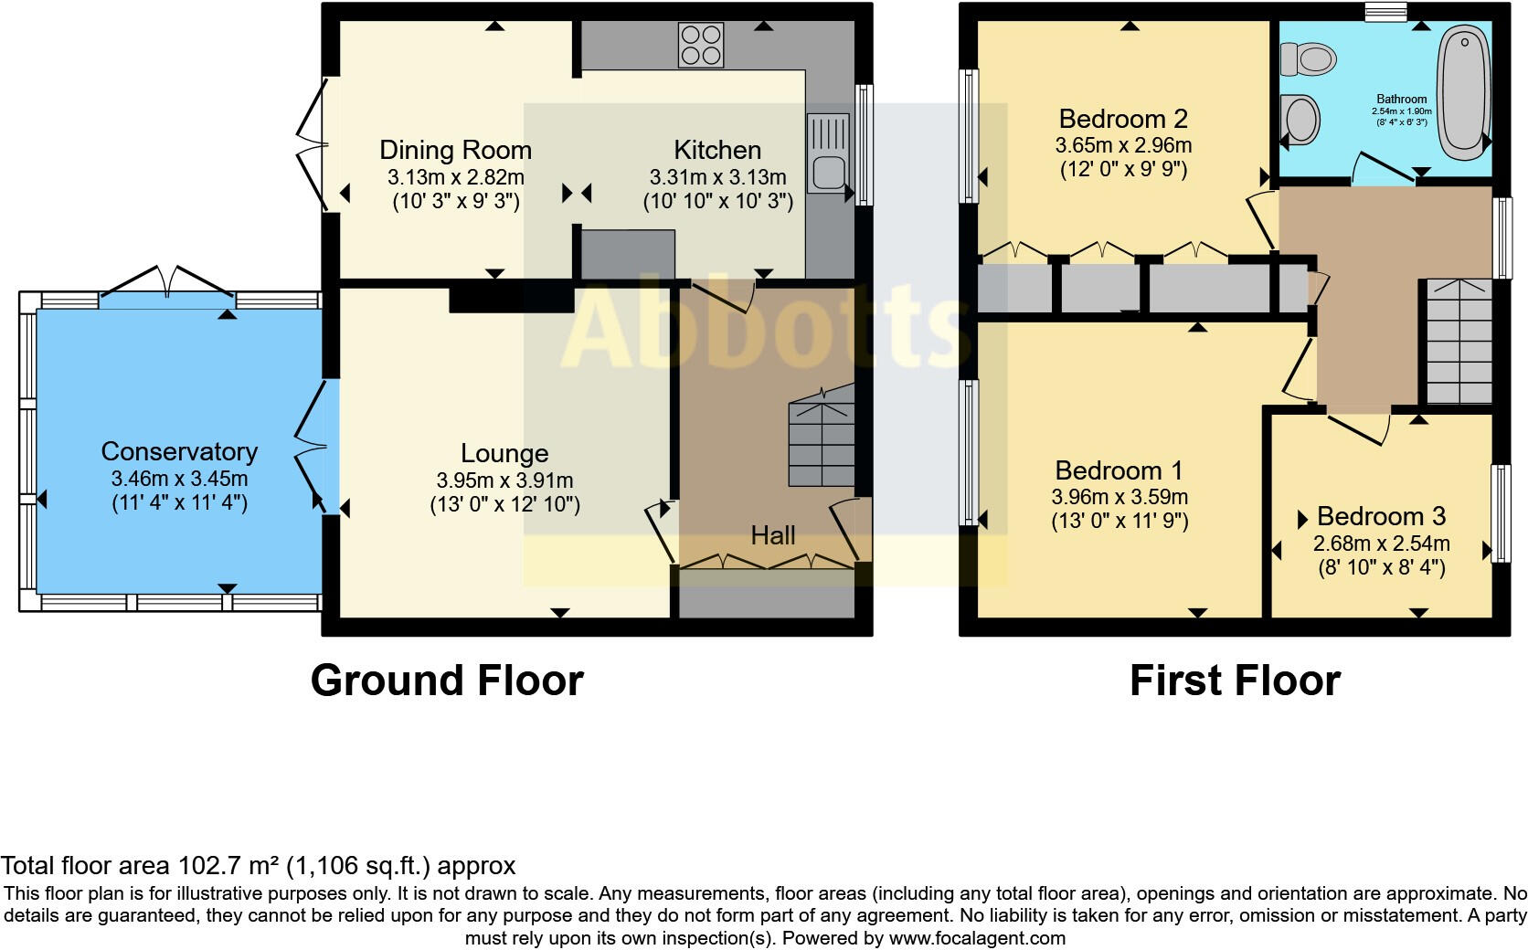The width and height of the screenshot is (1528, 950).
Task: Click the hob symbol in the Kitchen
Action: [x=701, y=45]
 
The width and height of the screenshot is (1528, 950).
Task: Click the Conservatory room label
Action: [x=179, y=451]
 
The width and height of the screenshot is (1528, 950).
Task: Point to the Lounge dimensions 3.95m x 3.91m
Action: [x=504, y=480]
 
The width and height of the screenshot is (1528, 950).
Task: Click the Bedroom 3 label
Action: [x=1381, y=517]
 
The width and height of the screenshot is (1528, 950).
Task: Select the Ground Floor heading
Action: [x=447, y=681]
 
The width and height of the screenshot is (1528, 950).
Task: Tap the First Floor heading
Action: [x=1235, y=681]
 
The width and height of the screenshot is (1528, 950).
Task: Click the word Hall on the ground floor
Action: [x=773, y=535]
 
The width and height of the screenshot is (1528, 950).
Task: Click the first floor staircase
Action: [x=1459, y=343]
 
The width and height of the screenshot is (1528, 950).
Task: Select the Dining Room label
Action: [x=455, y=150]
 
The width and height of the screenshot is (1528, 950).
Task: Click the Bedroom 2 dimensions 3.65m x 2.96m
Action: [x=1123, y=145]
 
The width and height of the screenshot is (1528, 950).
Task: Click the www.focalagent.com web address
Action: [x=976, y=938]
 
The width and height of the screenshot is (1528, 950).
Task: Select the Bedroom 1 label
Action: [x=1119, y=470]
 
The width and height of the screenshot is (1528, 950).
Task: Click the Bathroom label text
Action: [x=1402, y=99]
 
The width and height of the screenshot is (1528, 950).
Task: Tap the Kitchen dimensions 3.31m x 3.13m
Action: [x=717, y=177]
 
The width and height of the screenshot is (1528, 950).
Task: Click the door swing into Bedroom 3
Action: [x=1360, y=427]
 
